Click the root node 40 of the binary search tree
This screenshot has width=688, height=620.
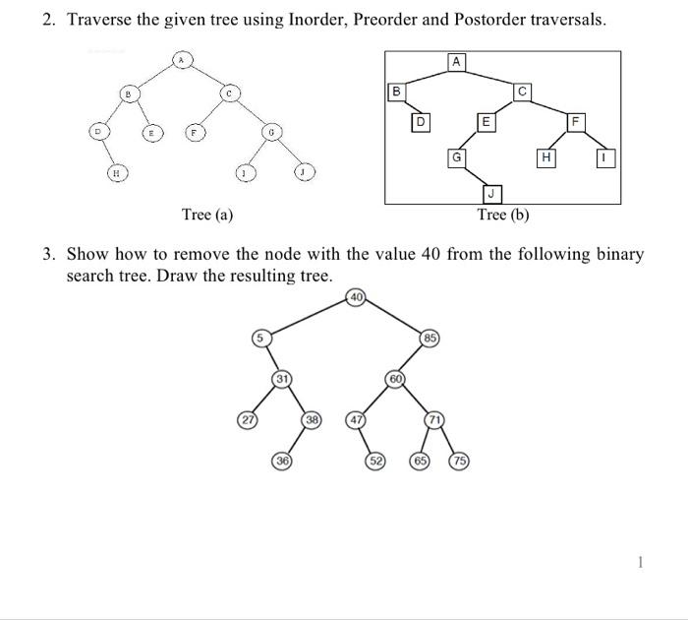pos(356,297)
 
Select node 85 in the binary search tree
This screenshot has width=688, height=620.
pos(430,341)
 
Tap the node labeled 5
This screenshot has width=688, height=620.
pos(261,339)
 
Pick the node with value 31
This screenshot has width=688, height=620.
pos(282,379)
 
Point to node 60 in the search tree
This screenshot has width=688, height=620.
pos(396,379)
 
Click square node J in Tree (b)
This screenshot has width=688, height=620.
pos(492,193)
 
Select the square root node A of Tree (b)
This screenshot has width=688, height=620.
pos(456,62)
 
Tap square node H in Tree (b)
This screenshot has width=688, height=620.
pos(545,158)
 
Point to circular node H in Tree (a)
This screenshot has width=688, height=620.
pos(117,172)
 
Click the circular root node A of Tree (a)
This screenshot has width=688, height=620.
pos(180,60)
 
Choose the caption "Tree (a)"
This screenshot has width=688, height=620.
pos(207,215)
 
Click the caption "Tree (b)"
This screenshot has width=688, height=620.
pos(503,215)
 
